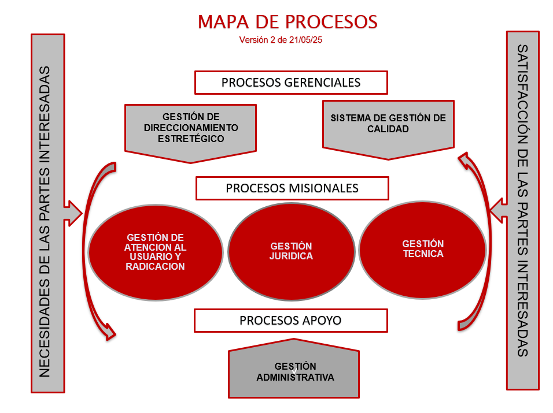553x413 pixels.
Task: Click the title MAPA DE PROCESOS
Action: coord(287,22)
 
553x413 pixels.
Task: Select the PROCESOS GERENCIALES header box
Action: coord(290,83)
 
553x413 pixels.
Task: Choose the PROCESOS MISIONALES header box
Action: coord(292,188)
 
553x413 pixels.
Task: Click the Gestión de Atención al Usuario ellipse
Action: coord(155,252)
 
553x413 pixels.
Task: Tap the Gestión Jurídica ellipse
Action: coord(290,252)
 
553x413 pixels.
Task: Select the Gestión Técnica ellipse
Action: coord(422,249)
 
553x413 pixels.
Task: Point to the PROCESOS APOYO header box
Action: coord(290,320)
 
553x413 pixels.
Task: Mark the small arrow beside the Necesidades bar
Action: coord(74,213)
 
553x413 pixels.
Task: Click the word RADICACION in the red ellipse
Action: coord(155,266)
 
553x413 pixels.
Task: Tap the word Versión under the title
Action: coord(253,40)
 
